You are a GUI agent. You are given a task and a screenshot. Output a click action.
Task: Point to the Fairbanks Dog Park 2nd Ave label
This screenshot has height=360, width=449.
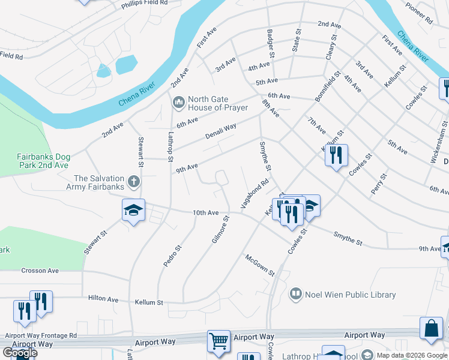[43, 161]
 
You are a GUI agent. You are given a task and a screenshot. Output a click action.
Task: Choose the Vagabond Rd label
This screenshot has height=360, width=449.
[255, 194]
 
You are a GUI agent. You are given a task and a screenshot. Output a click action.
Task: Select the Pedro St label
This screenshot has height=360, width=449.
[172, 256]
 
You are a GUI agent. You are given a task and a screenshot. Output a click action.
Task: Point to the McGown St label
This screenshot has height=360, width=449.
[259, 265]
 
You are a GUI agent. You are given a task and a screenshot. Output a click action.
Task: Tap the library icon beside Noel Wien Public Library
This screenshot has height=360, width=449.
[295, 295]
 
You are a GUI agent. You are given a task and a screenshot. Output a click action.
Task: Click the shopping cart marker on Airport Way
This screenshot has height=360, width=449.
[219, 341]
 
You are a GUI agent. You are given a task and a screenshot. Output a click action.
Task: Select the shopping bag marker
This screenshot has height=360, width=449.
[432, 328]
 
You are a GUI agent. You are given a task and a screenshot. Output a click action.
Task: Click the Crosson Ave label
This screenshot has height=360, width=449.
[40, 271]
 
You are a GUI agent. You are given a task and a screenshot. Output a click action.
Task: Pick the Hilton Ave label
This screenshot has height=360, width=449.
[103, 299]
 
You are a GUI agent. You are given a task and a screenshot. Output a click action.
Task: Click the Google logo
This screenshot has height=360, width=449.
[20, 353]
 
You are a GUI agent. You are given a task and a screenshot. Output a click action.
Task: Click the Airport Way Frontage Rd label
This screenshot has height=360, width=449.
[41, 335]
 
